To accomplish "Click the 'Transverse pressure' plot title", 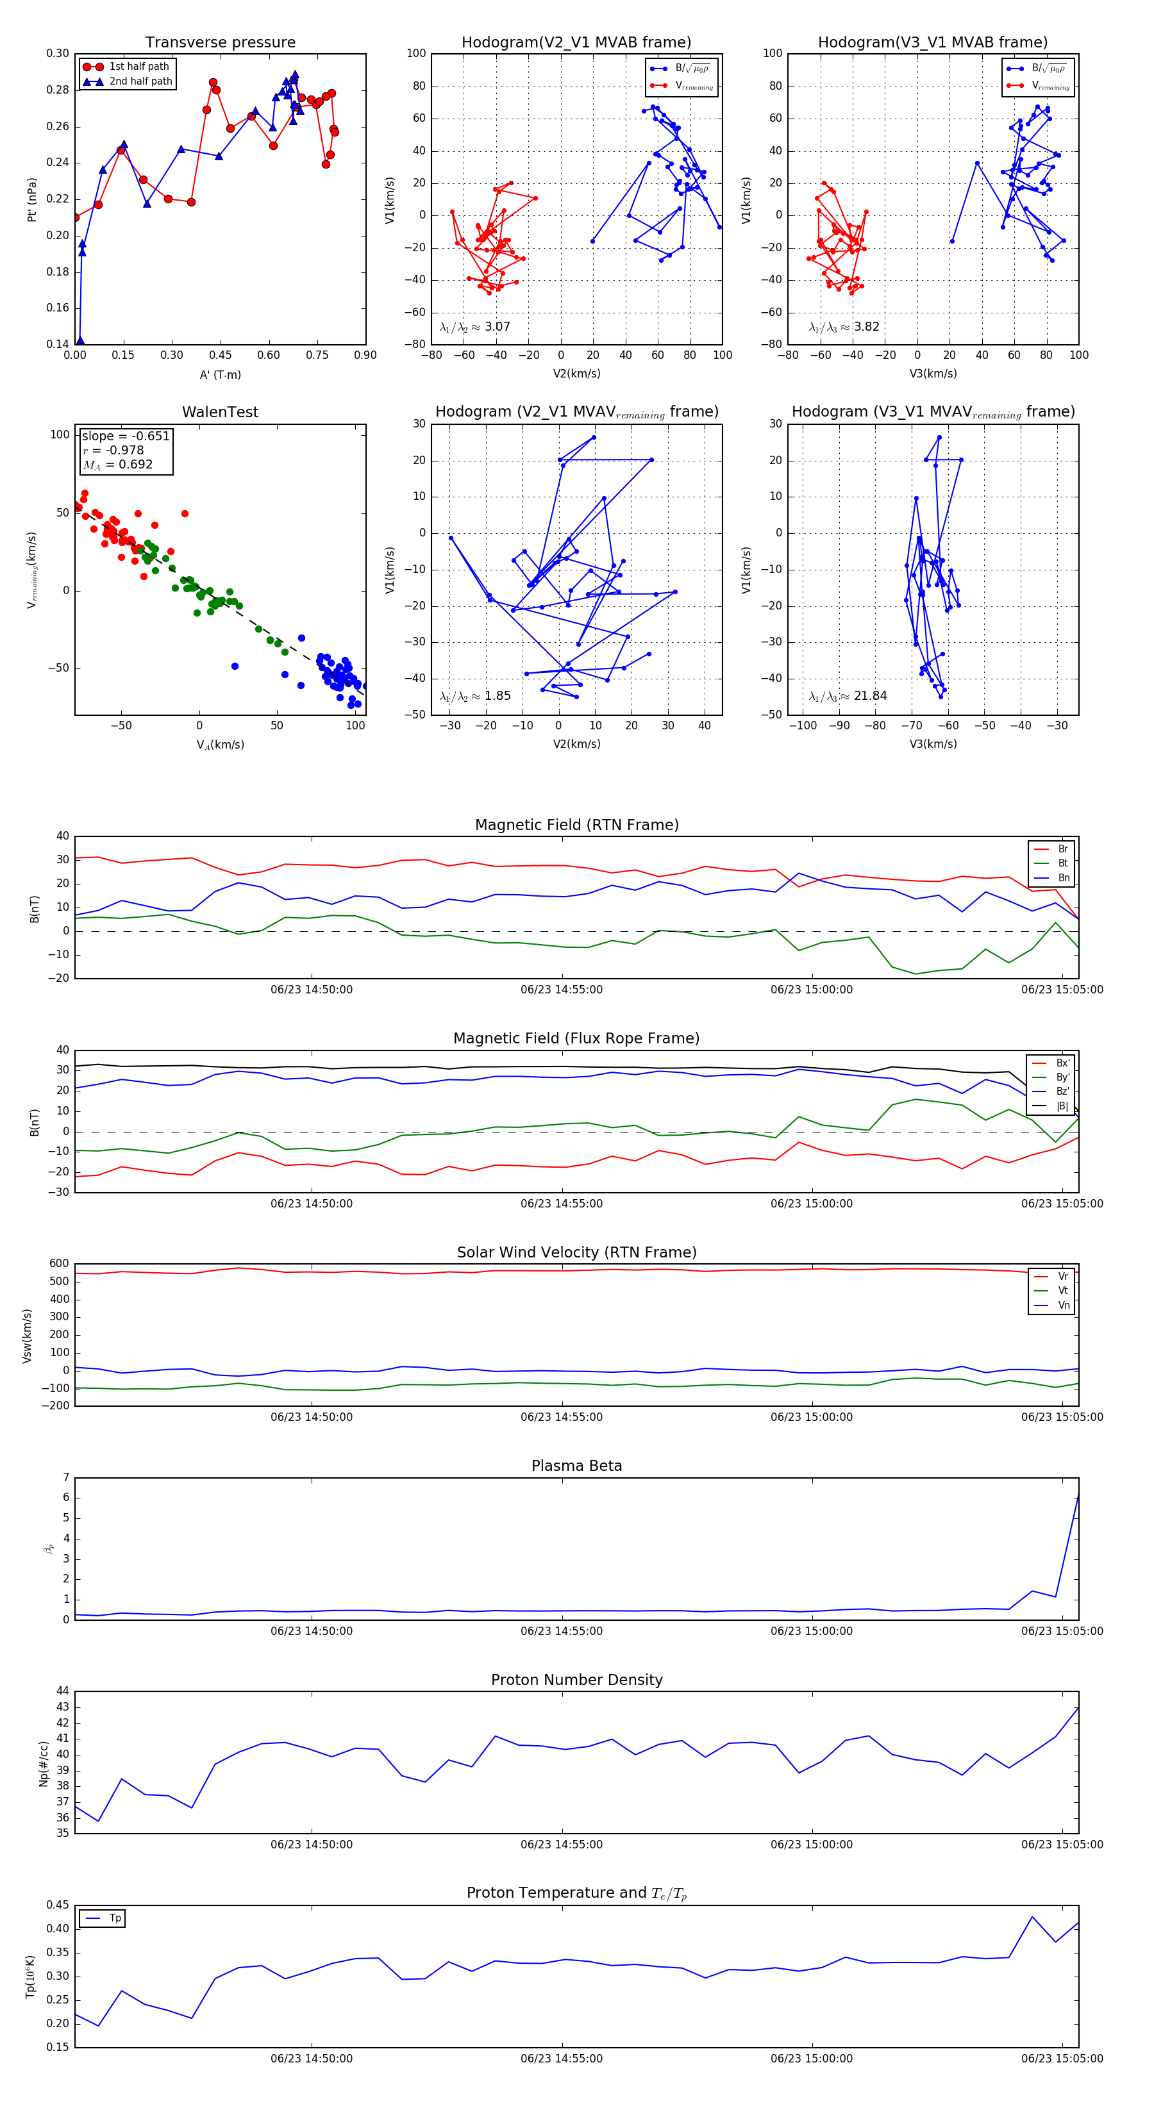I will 220,43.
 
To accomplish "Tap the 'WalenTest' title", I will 220,412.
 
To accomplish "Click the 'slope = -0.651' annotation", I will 126,436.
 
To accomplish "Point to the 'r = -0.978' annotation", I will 113,450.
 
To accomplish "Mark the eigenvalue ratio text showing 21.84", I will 848,696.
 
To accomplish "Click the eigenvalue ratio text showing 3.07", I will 474,327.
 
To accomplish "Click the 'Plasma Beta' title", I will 576,1466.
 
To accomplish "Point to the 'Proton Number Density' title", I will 576,1680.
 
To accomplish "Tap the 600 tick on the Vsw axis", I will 59,1264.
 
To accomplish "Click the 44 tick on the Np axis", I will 62,1691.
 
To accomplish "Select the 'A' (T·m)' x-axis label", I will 220,374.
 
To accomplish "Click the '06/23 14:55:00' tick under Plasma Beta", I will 561,1630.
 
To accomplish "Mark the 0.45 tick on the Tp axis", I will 58,1905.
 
